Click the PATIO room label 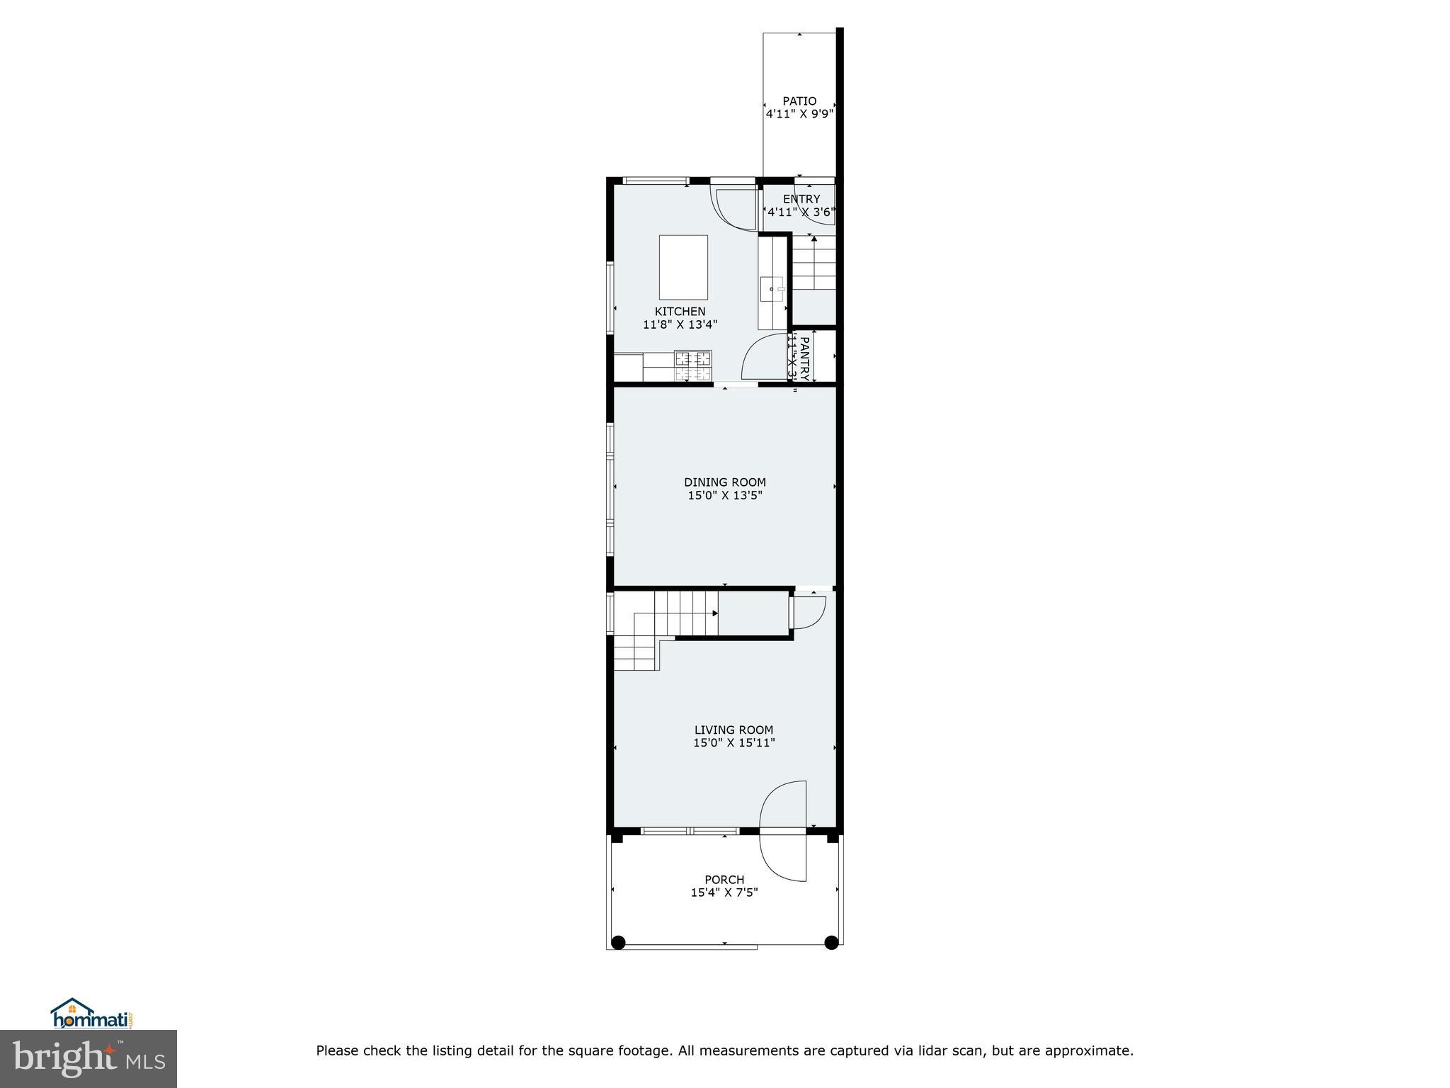click(799, 101)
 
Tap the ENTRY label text click(801, 199)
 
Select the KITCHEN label click(680, 312)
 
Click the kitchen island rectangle click(683, 268)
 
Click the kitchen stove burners click(692, 366)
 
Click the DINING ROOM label click(724, 482)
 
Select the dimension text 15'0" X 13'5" click(724, 496)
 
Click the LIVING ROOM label click(733, 730)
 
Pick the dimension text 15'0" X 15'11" click(733, 743)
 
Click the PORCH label click(724, 880)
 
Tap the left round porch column click(618, 942)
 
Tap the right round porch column click(832, 942)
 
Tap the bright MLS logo click(89, 1058)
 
